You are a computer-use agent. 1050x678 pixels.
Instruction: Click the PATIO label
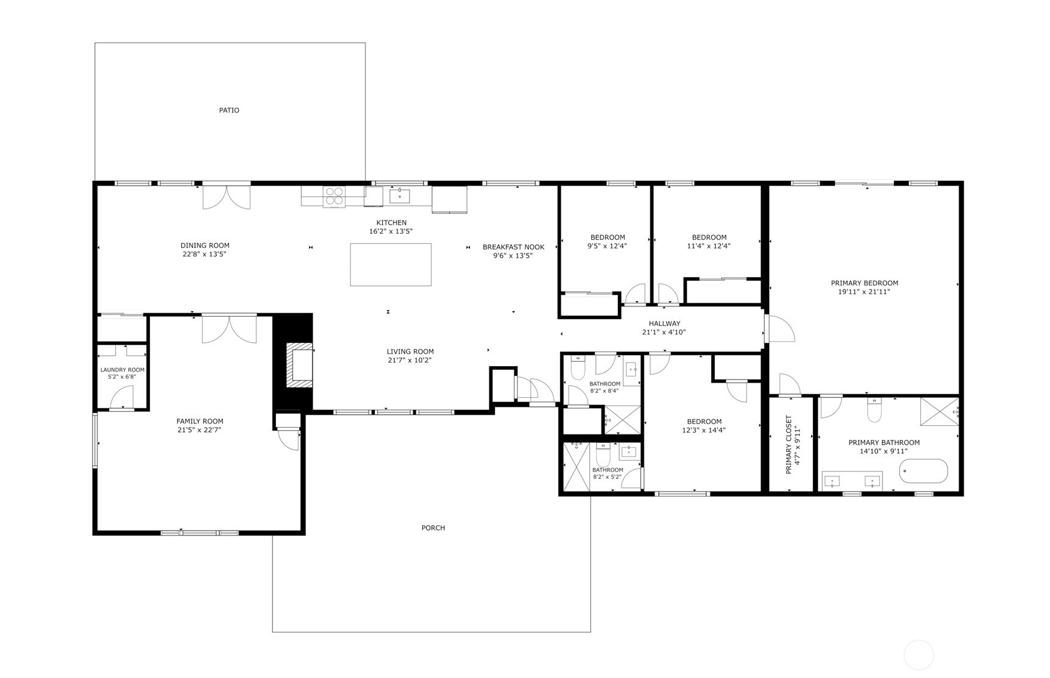tap(229, 110)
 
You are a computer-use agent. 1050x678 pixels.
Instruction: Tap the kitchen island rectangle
tap(391, 264)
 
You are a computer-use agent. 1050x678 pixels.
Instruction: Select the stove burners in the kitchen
tap(334, 196)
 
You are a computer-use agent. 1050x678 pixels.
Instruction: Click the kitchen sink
tap(400, 196)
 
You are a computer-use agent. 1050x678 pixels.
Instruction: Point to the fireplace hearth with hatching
tap(300, 365)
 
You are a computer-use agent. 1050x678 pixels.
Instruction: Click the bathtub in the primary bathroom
tap(924, 471)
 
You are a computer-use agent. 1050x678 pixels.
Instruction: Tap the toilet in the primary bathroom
tap(874, 409)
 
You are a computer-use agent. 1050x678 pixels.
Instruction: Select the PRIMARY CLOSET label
tap(788, 445)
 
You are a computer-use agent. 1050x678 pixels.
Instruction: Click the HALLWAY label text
tap(664, 323)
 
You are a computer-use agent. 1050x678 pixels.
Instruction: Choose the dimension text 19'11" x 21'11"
tap(864, 292)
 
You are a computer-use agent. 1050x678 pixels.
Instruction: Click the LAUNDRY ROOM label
tap(122, 370)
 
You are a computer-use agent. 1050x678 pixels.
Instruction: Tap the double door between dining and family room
tap(229, 329)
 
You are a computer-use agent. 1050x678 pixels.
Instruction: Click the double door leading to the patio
tap(227, 196)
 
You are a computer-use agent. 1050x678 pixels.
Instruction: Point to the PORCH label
tap(433, 528)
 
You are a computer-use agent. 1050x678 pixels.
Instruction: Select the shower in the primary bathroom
tap(939, 411)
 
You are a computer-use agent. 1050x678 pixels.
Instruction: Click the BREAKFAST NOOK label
tap(514, 247)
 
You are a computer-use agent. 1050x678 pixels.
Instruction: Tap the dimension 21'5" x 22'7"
tap(199, 430)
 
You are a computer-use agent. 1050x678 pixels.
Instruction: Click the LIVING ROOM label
tap(410, 351)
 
